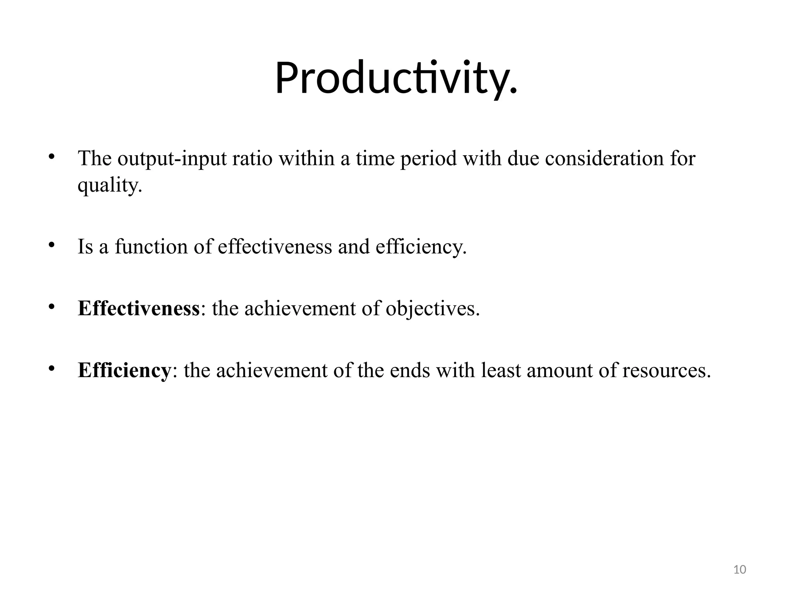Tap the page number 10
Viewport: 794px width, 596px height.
[x=740, y=570]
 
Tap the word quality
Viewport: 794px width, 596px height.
[x=110, y=185]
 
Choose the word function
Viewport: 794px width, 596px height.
[x=151, y=247]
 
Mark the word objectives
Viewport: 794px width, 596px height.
[x=432, y=309]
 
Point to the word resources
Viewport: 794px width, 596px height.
[x=666, y=371]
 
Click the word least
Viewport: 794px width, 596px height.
[x=501, y=370]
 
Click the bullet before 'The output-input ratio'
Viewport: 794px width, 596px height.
[x=51, y=157]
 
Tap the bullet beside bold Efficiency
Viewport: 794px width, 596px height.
[x=51, y=369]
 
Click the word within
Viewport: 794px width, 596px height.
[x=306, y=159]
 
